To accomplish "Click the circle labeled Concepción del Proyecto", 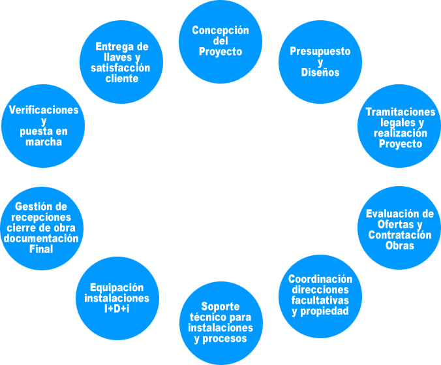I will pyautogui.click(x=220, y=41).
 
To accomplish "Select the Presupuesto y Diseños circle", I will pyautogui.click(x=320, y=63).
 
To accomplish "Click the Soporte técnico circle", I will pyautogui.click(x=220, y=323).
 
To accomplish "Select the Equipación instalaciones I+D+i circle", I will pyautogui.click(x=117, y=298).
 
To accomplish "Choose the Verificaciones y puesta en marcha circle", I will pyautogui.click(x=43, y=126).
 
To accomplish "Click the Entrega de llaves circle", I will pyautogui.click(x=121, y=63).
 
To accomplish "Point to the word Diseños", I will pyautogui.click(x=320, y=73).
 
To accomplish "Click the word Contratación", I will pyautogui.click(x=400, y=235).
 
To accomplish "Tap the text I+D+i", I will pyautogui.click(x=117, y=308).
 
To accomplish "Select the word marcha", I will pyautogui.click(x=44, y=142).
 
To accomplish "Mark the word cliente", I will pyautogui.click(x=122, y=78).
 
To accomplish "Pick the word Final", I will pyautogui.click(x=41, y=249).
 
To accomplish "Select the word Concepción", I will pyautogui.click(x=220, y=31).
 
